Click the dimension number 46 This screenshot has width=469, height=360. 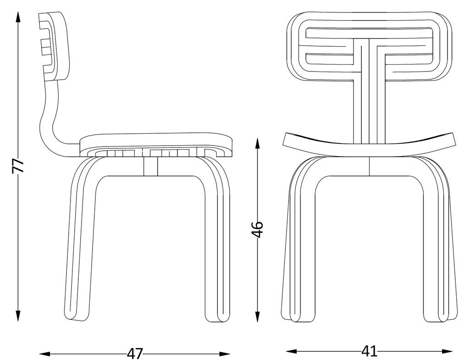point(257,229)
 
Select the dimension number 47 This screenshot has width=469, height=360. point(135,354)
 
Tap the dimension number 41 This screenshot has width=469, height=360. point(369,351)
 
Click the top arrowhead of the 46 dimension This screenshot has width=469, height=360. point(257,142)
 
